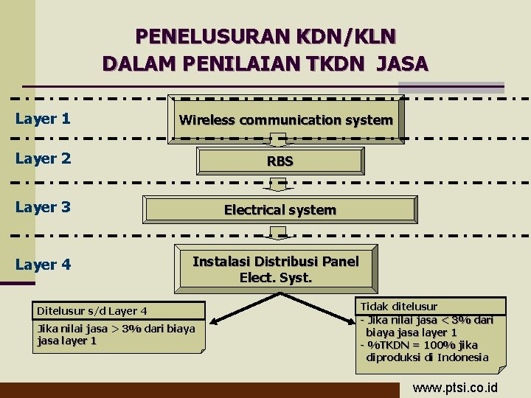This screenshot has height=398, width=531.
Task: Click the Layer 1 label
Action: coord(43,118)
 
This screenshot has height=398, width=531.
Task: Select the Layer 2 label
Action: coord(43,158)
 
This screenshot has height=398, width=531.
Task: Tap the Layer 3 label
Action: coord(43,207)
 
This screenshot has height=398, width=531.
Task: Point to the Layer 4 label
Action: coord(43,264)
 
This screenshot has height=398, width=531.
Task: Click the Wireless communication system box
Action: coord(286,119)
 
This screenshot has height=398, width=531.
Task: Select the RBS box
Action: coord(280,161)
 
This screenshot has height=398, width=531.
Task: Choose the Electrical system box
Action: coord(280,210)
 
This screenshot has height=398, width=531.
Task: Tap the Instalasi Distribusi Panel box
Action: coord(275,269)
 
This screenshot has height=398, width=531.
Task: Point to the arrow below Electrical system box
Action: coord(278,233)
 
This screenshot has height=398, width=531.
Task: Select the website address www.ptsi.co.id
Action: coord(454,388)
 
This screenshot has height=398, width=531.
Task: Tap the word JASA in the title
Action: coord(401,64)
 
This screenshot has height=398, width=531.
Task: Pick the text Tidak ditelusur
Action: coord(398,306)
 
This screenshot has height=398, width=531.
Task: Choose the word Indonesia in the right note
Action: coord(462,357)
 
